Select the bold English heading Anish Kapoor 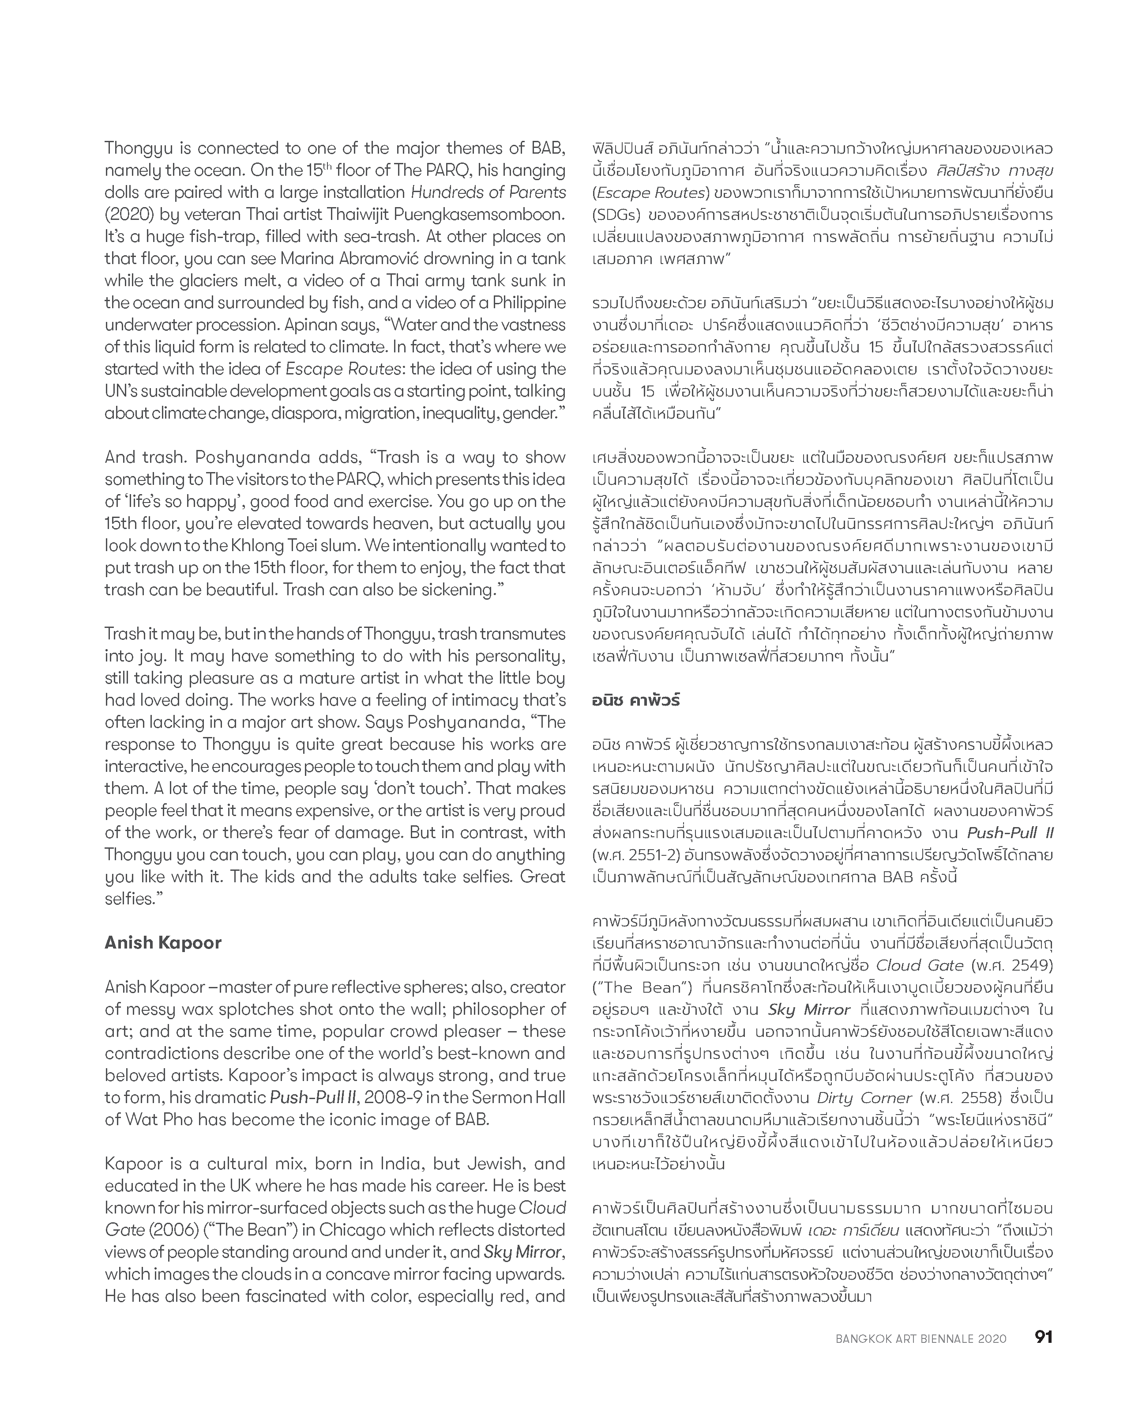click(x=163, y=942)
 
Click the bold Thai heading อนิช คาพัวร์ click(x=636, y=701)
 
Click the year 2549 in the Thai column click(x=1033, y=965)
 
